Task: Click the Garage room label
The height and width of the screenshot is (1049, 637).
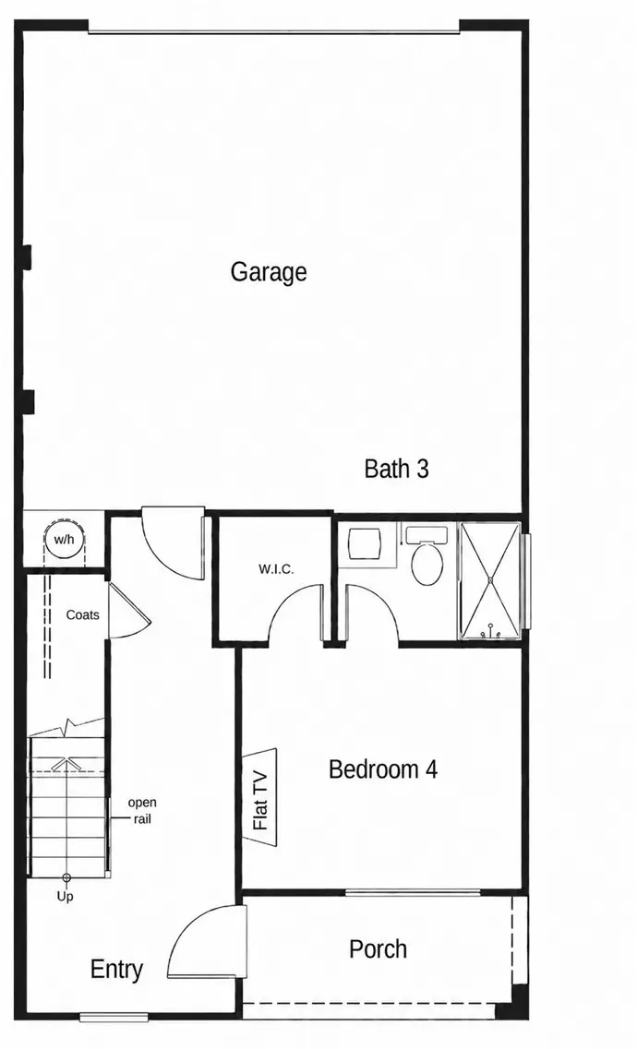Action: tap(269, 272)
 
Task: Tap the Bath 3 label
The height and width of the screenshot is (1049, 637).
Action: tap(396, 469)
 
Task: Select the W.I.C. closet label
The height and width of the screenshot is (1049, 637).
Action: tap(276, 569)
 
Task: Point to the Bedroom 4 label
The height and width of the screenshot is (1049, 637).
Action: tap(383, 769)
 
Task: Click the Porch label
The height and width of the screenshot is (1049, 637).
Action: tap(379, 948)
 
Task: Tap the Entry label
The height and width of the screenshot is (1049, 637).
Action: tap(116, 970)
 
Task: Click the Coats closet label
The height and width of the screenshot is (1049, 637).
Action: tap(82, 614)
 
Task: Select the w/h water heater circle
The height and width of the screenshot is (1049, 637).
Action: tap(65, 539)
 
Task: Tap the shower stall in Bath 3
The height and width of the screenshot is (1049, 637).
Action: tap(490, 580)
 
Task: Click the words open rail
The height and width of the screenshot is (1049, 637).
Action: tap(142, 810)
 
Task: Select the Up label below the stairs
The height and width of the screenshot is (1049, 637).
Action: tap(65, 897)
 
